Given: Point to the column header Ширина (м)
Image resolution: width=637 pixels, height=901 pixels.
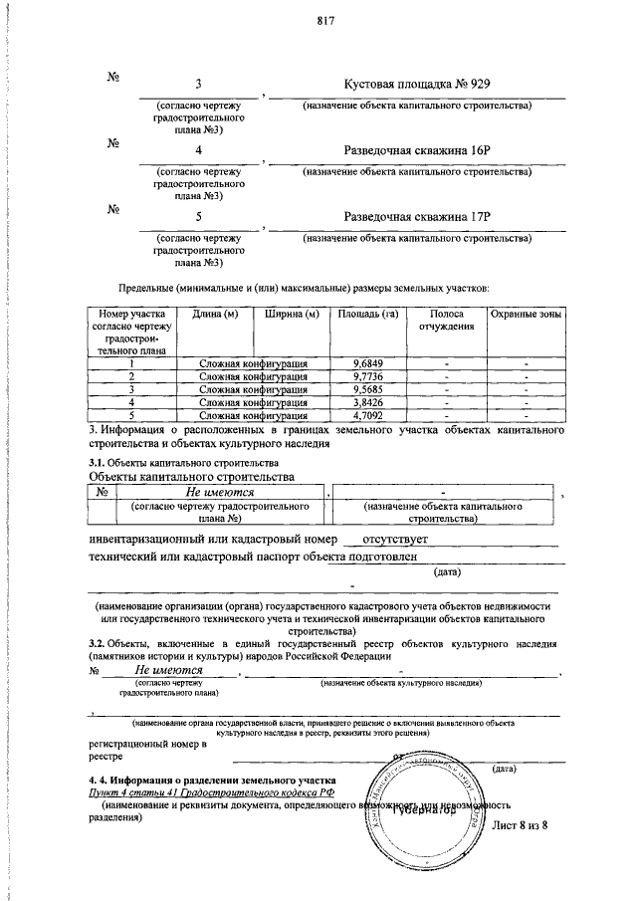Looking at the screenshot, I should coord(292,315).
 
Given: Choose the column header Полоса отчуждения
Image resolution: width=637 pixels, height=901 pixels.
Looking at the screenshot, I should coord(447,320).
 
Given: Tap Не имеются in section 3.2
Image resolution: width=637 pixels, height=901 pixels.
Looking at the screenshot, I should coord(169,670).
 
